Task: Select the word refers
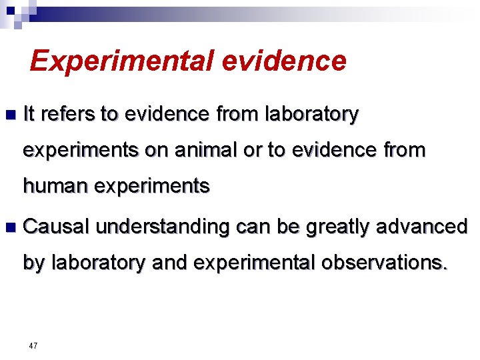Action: point(69,115)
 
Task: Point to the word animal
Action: point(206,151)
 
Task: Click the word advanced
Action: point(424,227)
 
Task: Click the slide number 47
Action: point(33,346)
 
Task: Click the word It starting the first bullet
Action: point(29,115)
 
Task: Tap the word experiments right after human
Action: point(152,187)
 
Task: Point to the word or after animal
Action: point(253,151)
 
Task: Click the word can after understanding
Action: point(253,228)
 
